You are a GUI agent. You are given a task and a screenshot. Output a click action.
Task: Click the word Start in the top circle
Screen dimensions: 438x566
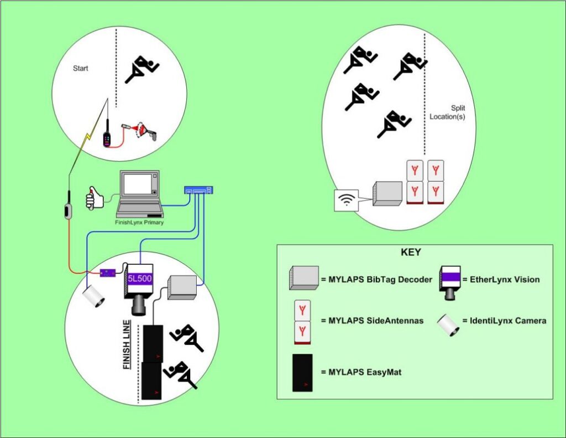click(81, 69)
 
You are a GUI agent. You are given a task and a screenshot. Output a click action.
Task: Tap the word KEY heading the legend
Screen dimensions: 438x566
click(411, 253)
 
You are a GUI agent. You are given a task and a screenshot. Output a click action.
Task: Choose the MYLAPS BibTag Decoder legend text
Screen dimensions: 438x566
click(376, 279)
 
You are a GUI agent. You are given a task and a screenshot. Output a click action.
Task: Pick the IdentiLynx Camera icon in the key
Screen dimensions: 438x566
click(448, 324)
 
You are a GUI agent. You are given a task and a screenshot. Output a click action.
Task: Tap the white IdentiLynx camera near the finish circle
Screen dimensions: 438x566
click(93, 297)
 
